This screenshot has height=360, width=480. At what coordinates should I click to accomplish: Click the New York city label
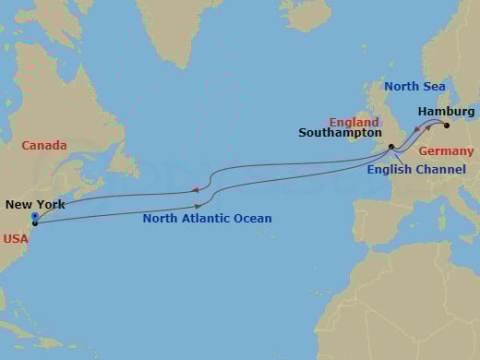(35, 205)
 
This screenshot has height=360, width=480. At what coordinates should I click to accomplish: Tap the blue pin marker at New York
(35, 217)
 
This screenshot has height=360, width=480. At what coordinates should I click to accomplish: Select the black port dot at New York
(35, 223)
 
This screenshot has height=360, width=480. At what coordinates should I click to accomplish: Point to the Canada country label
(44, 146)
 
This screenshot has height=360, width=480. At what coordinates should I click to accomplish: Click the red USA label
(15, 237)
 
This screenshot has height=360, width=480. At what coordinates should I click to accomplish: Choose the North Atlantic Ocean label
(207, 219)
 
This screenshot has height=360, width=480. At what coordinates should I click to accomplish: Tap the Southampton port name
(340, 133)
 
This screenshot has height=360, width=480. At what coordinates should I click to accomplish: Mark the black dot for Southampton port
(391, 147)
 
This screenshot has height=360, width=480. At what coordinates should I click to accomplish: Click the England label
(354, 121)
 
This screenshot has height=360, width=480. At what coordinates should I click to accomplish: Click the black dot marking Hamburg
(447, 126)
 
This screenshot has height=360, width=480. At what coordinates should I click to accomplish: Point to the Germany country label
(446, 150)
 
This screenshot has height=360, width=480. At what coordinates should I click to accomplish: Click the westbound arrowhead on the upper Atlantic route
(196, 188)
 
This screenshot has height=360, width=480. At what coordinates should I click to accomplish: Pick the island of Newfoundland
(118, 166)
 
